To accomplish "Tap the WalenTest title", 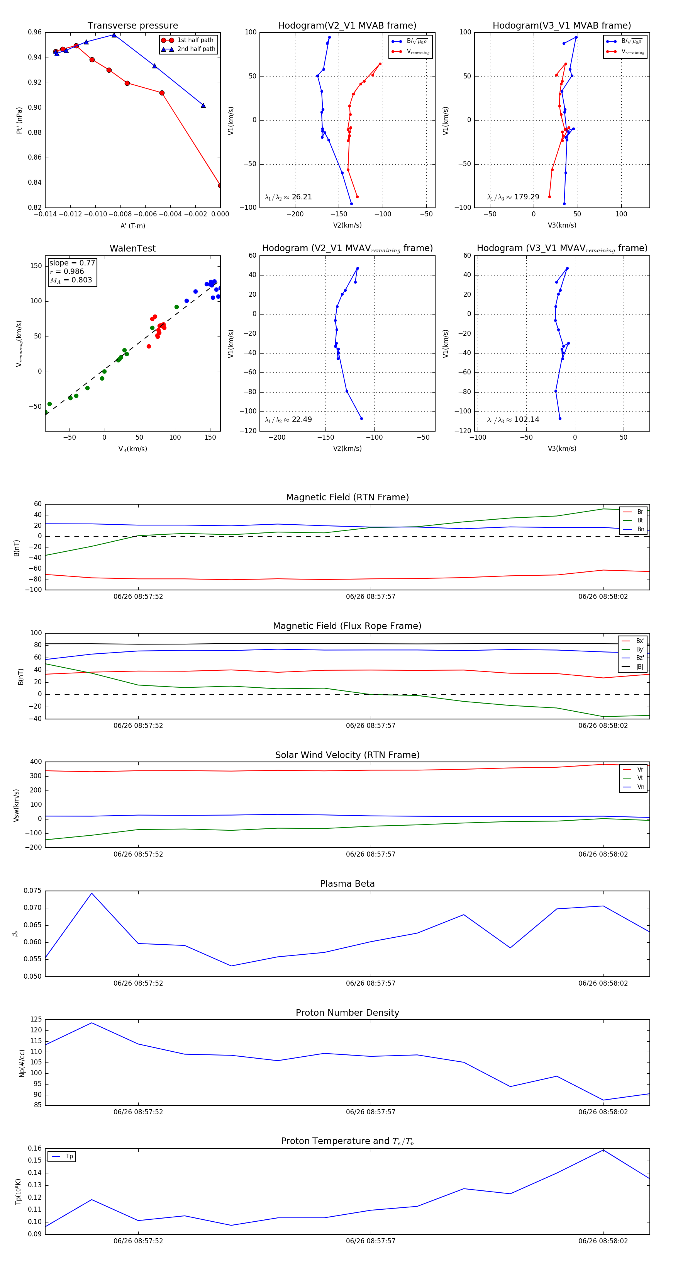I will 132,248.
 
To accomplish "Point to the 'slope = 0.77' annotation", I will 72,263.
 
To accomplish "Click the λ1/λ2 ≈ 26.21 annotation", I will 288,197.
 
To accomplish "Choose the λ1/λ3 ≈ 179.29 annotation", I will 513,197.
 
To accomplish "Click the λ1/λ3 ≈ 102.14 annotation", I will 513,420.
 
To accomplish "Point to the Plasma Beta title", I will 347,884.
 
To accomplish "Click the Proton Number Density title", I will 347,1013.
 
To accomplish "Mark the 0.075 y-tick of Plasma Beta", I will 33,891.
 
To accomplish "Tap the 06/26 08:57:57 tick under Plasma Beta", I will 371,983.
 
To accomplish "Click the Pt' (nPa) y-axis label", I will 19,120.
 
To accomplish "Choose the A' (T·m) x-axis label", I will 132,226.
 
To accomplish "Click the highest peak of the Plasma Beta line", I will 92,893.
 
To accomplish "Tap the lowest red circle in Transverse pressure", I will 220,185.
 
